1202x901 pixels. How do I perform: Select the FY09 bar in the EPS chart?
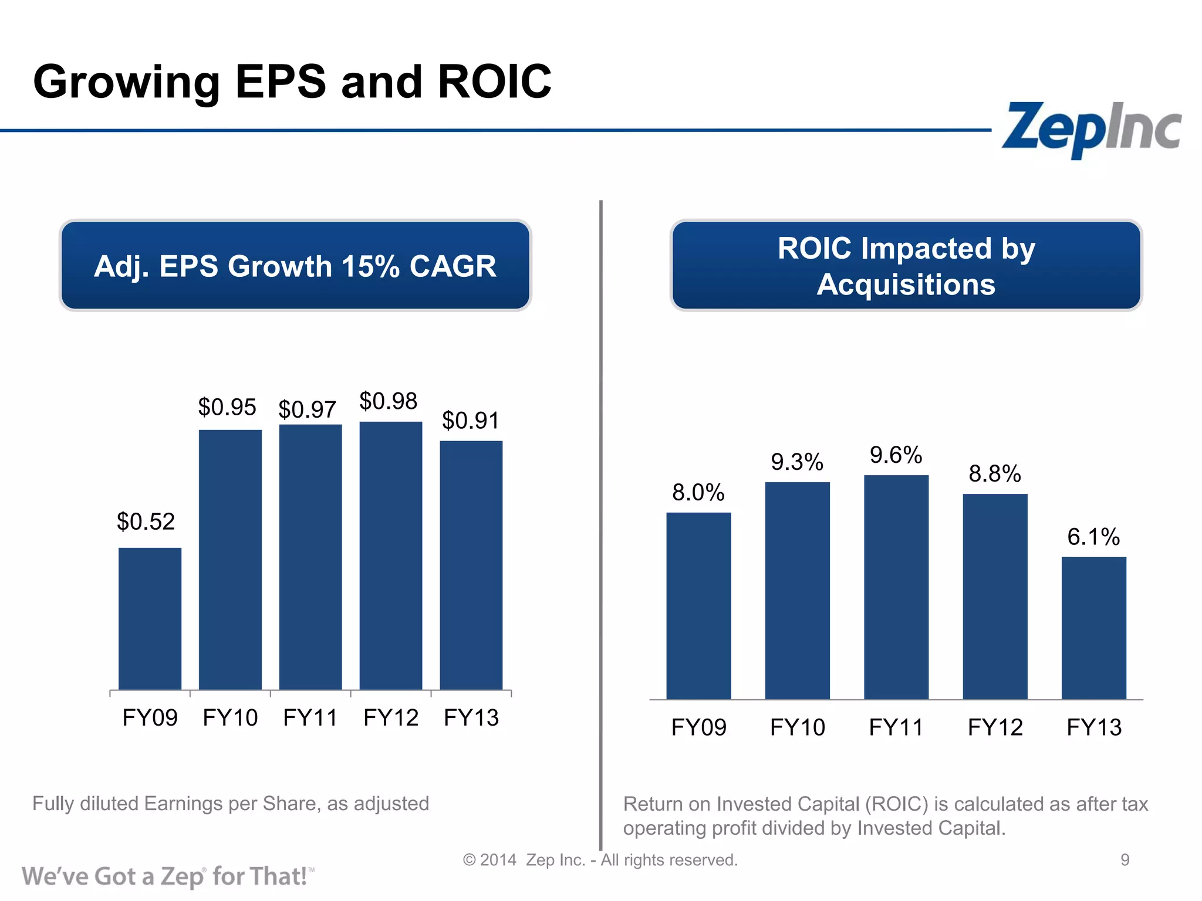(x=150, y=618)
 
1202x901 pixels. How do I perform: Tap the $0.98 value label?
(x=388, y=402)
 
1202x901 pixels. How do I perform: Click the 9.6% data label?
(x=896, y=455)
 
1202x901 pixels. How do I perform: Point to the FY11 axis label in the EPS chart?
(x=310, y=718)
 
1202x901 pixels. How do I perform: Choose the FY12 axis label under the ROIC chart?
(x=995, y=727)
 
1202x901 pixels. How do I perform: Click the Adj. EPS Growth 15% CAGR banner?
(x=295, y=266)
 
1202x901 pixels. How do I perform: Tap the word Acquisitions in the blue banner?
(x=906, y=285)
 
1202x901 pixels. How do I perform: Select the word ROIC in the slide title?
(x=494, y=82)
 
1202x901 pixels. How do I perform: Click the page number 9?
(x=1125, y=860)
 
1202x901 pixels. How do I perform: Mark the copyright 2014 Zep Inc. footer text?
(x=600, y=860)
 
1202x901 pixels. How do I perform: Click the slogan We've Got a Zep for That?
(x=167, y=876)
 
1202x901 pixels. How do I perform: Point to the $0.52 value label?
(x=146, y=521)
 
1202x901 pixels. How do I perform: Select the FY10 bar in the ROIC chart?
(x=797, y=590)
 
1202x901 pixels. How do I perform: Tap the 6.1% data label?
(x=1093, y=537)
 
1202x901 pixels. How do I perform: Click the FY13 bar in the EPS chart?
(x=471, y=565)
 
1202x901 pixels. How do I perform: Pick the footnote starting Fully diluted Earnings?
(x=231, y=804)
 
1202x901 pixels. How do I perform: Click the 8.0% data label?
(x=698, y=493)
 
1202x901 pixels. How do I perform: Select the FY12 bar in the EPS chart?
(x=390, y=555)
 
